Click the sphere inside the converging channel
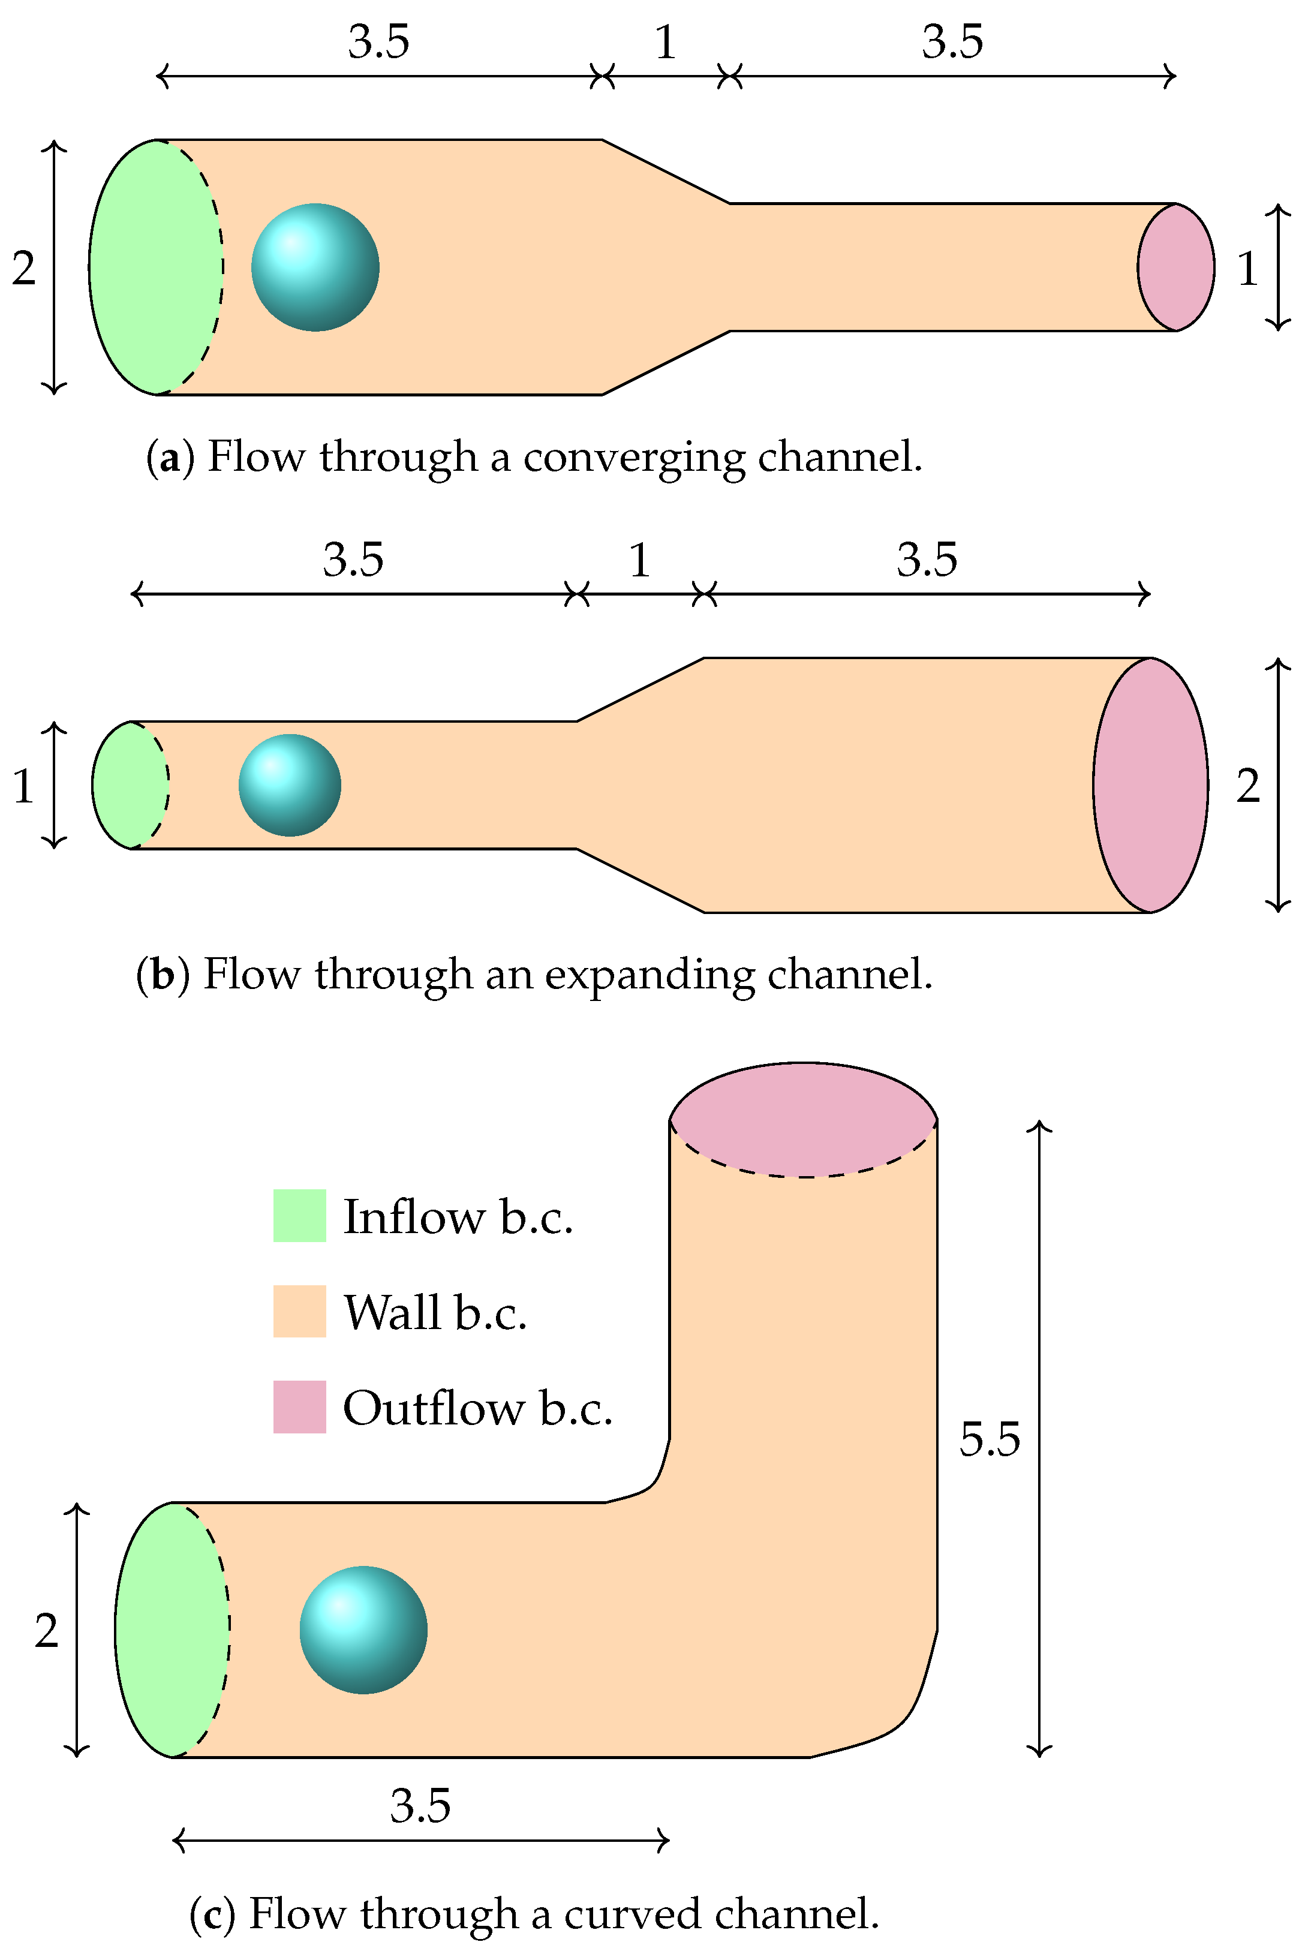point(315,267)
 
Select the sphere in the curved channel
point(363,1630)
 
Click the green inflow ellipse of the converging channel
point(149,267)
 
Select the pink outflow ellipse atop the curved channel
point(803,1119)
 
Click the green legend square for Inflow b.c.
point(300,1216)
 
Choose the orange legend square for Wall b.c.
point(300,1311)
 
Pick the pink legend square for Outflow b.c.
point(300,1406)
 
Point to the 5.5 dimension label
point(989,1439)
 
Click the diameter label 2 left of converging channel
point(24,268)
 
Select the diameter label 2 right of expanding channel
point(1248,786)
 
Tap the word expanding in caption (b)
point(650,975)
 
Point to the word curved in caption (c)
point(633,1914)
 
